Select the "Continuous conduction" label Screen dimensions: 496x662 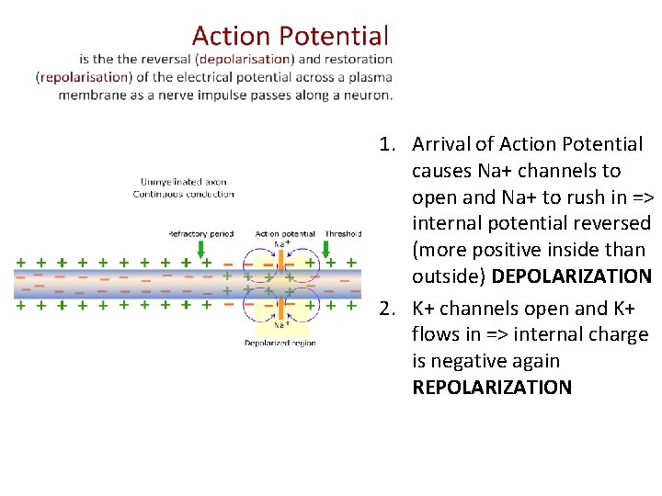(x=183, y=194)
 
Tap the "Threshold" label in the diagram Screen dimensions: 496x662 (x=342, y=233)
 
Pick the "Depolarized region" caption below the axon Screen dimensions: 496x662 (x=280, y=343)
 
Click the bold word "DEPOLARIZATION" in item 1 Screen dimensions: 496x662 (x=571, y=276)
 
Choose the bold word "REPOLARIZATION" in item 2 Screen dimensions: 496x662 (x=492, y=387)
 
